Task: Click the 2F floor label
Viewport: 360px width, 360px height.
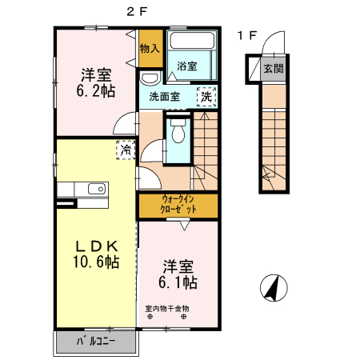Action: [x=136, y=10]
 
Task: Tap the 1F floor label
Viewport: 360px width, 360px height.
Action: [x=247, y=35]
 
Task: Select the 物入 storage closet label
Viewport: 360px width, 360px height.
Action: [x=150, y=49]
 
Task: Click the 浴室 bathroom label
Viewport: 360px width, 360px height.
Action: [x=188, y=66]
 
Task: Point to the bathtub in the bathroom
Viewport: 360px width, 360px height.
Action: [x=191, y=44]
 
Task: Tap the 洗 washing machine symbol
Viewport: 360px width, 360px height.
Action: [x=206, y=95]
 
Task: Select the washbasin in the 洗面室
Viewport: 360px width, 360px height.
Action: [x=148, y=78]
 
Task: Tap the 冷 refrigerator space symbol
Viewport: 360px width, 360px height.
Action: [x=126, y=150]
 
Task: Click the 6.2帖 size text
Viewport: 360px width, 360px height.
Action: [x=95, y=91]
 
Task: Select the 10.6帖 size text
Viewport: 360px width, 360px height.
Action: [x=97, y=262]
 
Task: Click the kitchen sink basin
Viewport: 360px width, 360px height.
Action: [x=95, y=189]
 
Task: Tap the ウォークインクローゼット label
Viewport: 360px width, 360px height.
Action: [x=177, y=204]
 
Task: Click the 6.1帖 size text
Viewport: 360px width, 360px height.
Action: [x=177, y=282]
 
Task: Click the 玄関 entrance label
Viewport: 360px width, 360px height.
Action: [x=273, y=68]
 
